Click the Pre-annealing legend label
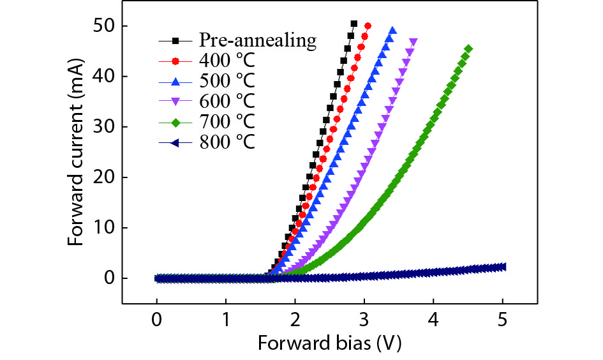coord(257,40)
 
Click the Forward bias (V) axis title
coord(330,343)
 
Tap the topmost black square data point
coord(354,24)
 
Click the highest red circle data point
coord(368,26)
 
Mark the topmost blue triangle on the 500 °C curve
coord(392,30)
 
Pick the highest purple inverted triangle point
coord(413,42)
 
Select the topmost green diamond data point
coord(469,49)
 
